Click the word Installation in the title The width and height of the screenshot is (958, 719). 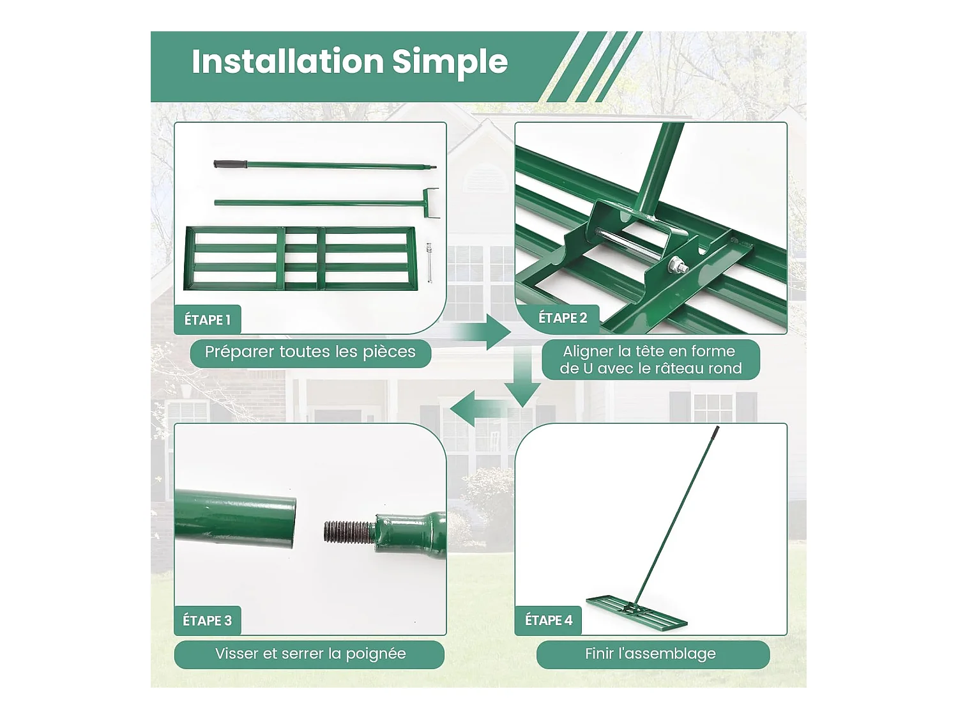(x=287, y=61)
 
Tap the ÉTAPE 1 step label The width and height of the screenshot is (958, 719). (x=208, y=320)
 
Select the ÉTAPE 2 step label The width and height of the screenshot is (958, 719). (x=563, y=318)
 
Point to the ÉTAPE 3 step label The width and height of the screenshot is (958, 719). (x=208, y=621)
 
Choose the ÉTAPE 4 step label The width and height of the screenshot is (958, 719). (x=549, y=620)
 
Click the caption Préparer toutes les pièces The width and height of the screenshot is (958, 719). (x=310, y=352)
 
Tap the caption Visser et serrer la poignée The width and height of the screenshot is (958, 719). (x=310, y=654)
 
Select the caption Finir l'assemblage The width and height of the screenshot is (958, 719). (x=650, y=654)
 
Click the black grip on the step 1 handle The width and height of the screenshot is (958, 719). (x=230, y=164)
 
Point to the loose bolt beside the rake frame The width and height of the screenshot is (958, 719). (x=429, y=263)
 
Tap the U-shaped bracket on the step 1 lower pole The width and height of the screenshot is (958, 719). (x=430, y=203)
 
